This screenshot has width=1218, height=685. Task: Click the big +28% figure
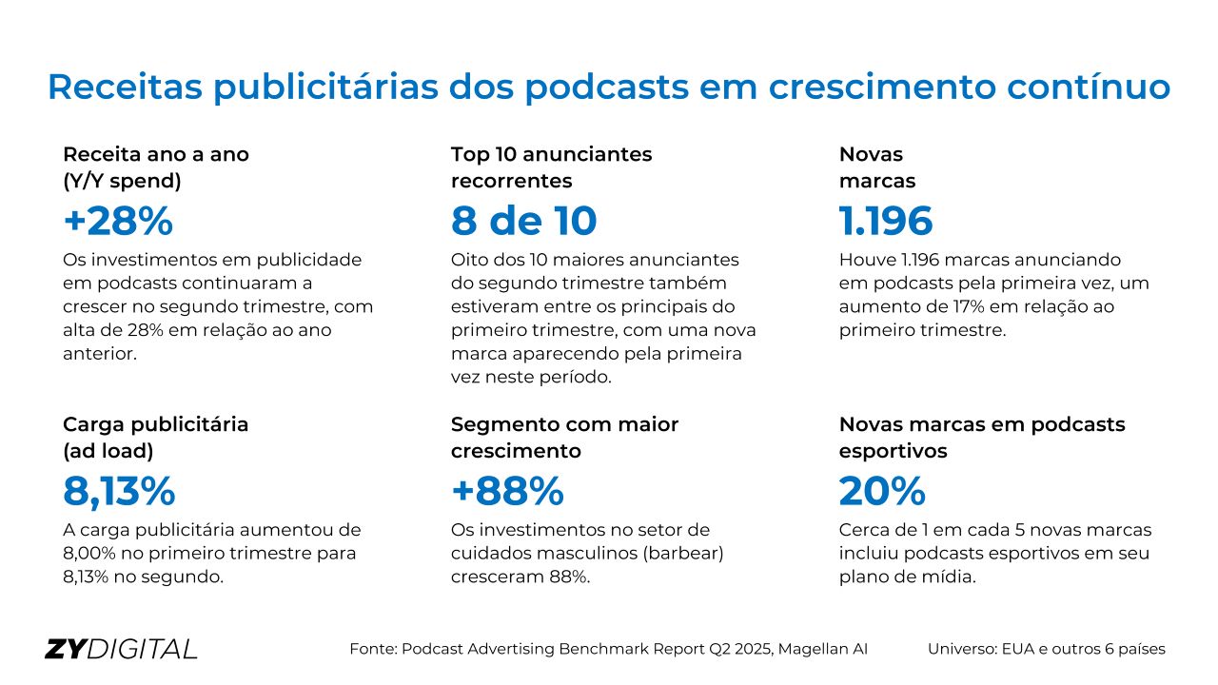coord(118,221)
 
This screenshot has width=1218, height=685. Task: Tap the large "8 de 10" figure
coord(523,221)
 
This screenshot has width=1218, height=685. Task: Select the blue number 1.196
coord(886,221)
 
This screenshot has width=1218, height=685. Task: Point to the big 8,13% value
coord(119,491)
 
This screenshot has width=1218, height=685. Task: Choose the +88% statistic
coord(507,491)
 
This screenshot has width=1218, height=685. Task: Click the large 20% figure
coord(882,491)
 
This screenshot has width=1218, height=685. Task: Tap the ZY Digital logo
coord(121,649)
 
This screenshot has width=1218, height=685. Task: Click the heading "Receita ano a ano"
coord(156,154)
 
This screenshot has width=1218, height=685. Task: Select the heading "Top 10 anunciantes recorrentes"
coord(551,166)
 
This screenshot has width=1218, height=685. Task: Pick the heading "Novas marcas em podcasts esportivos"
coord(981,437)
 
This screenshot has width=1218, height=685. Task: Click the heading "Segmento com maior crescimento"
coord(564,437)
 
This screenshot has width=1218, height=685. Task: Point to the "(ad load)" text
coord(108,451)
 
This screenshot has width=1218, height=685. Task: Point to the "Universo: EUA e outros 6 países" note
coord(1046,649)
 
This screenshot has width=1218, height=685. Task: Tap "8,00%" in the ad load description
coord(92,553)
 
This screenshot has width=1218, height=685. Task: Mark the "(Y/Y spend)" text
coord(122,180)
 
